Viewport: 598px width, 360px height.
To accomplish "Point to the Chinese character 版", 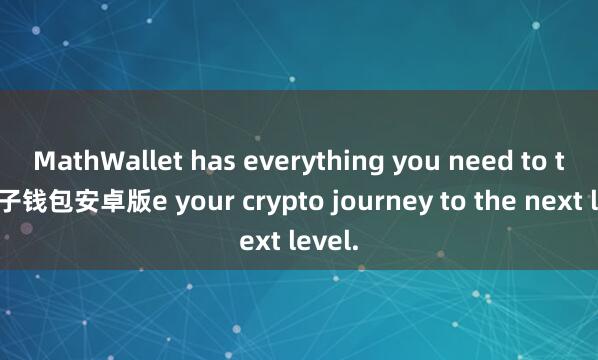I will point(139,203).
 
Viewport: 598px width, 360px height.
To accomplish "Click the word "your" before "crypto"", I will point(193,203).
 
